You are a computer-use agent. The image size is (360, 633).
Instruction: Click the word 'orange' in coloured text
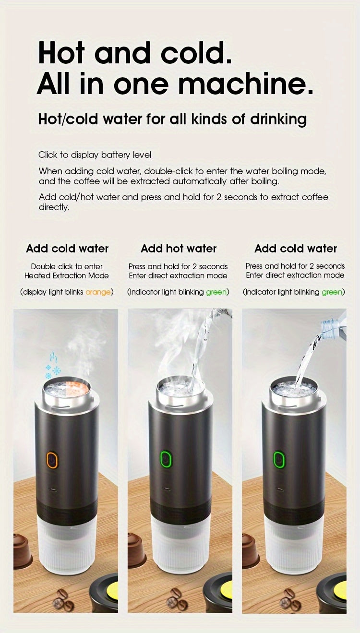tap(98, 292)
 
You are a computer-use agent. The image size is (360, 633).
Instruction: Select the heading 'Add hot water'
tap(179, 249)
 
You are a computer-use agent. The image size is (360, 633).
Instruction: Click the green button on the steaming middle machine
tap(166, 459)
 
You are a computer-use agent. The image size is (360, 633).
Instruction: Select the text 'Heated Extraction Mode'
tap(67, 275)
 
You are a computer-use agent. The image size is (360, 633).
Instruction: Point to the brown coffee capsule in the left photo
tap(22, 550)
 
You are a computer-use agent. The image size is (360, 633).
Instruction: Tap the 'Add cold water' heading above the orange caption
tap(67, 249)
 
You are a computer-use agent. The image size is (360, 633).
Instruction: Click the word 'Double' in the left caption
tap(43, 266)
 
